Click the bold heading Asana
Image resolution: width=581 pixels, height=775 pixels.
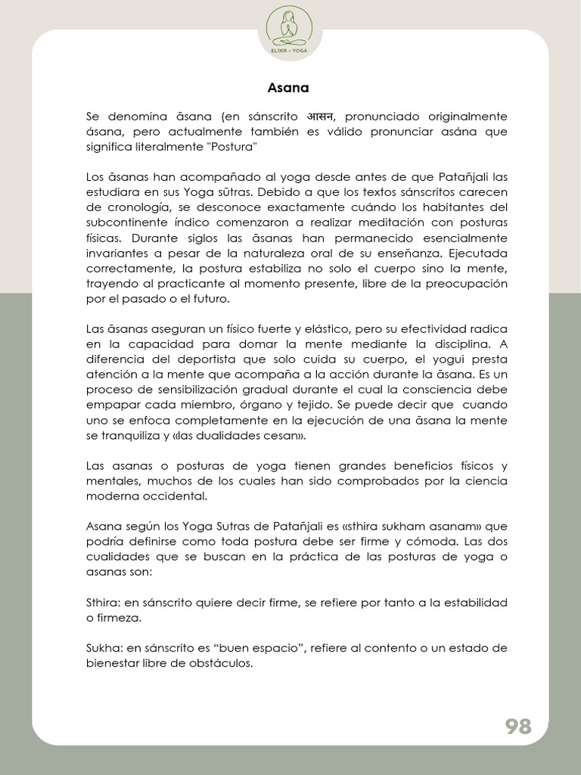pyautogui.click(x=288, y=88)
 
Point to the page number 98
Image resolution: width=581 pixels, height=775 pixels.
pyautogui.click(x=518, y=727)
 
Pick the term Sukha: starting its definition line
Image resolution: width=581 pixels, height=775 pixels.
pyautogui.click(x=104, y=648)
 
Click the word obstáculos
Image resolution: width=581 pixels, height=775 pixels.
pyautogui.click(x=223, y=663)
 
